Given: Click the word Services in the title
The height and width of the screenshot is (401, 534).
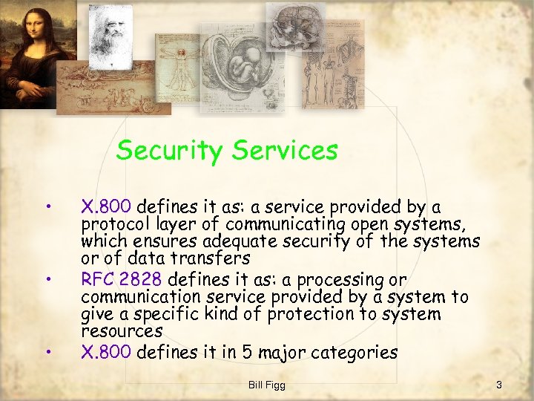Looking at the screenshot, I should coord(284,151).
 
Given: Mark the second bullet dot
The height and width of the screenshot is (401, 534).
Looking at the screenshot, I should coord(48,279).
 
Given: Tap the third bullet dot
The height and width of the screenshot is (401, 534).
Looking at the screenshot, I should coord(48,351).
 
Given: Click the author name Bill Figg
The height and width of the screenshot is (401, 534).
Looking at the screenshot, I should coord(267,384).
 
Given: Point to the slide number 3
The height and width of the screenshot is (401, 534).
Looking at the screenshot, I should coord(499,384).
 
